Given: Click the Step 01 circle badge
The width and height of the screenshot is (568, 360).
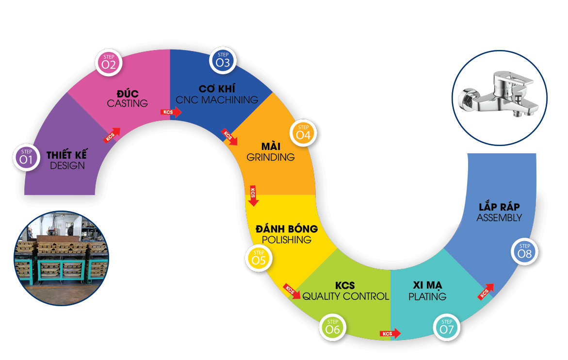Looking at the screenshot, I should point(27,157).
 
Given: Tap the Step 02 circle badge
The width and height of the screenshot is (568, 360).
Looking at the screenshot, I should point(109,62).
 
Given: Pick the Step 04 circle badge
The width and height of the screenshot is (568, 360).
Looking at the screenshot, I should point(303,133).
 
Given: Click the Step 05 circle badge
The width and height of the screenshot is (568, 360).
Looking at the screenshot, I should point(259,258).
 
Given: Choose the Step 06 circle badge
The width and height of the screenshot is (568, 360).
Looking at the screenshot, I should point(333,327).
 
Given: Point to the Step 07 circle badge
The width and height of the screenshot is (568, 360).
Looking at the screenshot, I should point(447,327).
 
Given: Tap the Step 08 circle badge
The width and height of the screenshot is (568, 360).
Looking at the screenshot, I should point(525,251).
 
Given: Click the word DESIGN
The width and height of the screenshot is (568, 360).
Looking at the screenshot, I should point(67,166).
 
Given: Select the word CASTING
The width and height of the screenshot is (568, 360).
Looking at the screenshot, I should point(128,103).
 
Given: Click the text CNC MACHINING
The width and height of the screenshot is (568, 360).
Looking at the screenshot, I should point(217,100).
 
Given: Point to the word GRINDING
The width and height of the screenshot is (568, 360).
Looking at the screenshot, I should point(271,157).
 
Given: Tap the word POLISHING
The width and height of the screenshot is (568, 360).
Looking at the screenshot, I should point(287,240).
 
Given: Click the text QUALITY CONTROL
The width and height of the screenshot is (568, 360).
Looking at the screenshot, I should point(345,296).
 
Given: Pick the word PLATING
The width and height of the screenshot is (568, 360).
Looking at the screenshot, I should point(427,296).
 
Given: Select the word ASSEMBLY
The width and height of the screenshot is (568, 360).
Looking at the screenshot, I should point(499,218).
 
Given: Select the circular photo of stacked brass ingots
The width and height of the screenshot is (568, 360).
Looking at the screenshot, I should point(62,258).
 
